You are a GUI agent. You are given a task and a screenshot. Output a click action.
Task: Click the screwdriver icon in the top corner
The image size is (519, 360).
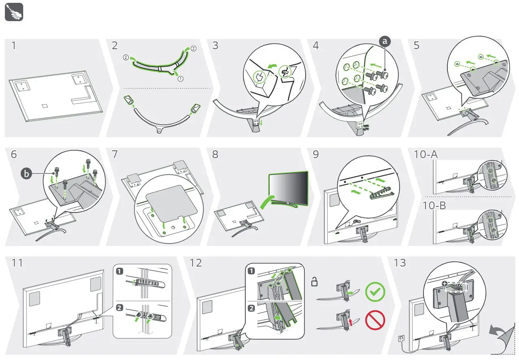pyautogui.click(x=14, y=13)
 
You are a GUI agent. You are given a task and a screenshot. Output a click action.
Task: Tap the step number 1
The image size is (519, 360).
pyautogui.click(x=14, y=46)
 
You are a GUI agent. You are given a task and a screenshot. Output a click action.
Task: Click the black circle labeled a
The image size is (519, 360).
pyautogui.click(x=385, y=41)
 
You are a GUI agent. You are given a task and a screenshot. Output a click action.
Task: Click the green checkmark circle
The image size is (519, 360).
pyautogui.click(x=375, y=292)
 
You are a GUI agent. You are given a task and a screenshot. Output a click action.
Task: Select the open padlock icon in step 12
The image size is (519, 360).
pyautogui.click(x=315, y=281)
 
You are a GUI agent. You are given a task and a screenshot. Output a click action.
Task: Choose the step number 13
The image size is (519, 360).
pyautogui.click(x=400, y=263)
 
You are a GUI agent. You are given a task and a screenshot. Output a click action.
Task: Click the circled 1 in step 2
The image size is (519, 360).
pyautogui.click(x=180, y=79)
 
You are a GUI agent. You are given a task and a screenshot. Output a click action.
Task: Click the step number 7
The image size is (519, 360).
pyautogui.click(x=115, y=154)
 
